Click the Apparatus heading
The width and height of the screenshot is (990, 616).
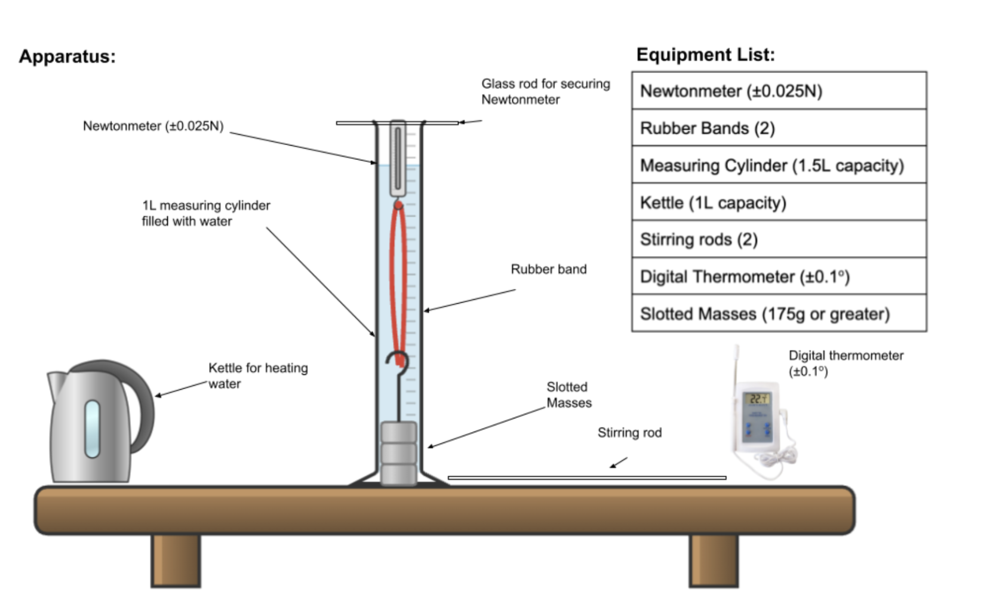(67, 56)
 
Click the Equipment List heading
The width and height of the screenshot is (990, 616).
(705, 54)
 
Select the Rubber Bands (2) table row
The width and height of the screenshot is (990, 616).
(779, 128)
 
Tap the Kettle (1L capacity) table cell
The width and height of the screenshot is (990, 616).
(779, 202)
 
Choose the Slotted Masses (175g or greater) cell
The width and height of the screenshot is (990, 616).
(779, 313)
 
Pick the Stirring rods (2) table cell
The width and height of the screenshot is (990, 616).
(779, 239)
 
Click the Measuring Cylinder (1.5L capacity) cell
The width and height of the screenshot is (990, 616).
(779, 165)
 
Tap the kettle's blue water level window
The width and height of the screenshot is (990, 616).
(92, 428)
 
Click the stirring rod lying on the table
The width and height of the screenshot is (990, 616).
(586, 478)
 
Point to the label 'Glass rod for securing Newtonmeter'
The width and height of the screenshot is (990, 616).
(545, 91)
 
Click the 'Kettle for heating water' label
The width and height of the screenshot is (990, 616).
(257, 375)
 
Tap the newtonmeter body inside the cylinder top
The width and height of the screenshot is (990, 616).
(398, 158)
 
